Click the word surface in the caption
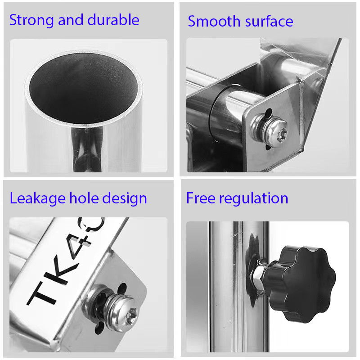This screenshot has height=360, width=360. (x=269, y=21)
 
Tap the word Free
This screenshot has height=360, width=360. (x=201, y=198)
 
